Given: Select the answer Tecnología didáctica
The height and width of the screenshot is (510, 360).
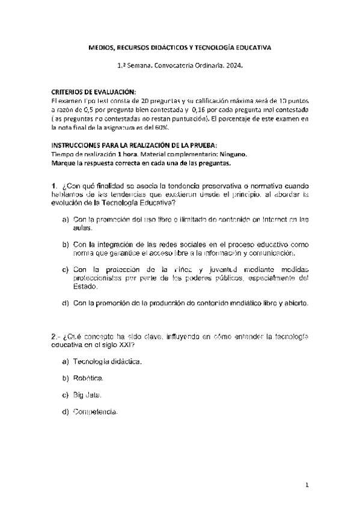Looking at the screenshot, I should click(107, 361).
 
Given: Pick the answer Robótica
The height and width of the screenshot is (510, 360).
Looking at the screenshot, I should click(88, 378).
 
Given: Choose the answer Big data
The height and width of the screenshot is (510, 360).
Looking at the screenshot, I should click(87, 395).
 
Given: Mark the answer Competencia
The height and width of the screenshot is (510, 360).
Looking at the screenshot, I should click(95, 412).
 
